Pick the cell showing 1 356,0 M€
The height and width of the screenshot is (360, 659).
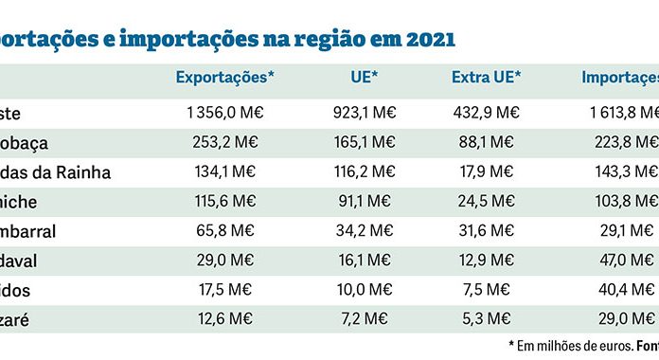coord(225,112)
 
